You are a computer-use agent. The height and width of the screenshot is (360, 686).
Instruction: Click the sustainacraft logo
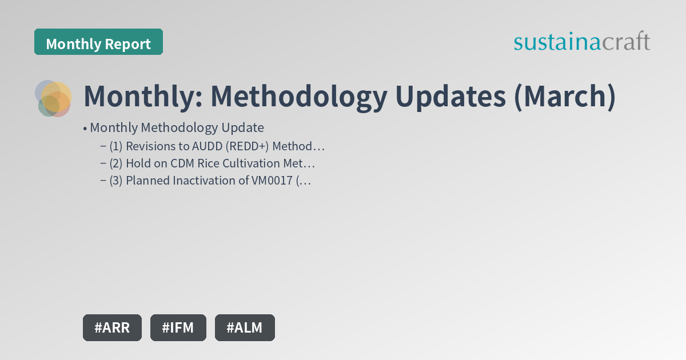point(581,42)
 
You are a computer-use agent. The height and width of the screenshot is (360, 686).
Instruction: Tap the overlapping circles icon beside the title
point(54,98)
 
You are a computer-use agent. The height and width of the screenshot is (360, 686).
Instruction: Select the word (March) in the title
point(564,97)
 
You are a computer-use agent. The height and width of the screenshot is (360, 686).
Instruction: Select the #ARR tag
point(112,327)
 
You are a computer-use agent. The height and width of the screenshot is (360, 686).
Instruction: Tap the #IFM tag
point(178,327)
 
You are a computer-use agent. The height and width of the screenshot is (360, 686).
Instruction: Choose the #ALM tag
point(245,327)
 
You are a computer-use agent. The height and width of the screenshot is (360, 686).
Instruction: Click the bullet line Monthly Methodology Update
point(177,127)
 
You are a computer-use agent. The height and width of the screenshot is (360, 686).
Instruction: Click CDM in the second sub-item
point(182,163)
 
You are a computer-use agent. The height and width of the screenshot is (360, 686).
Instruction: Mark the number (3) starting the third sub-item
point(116,181)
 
